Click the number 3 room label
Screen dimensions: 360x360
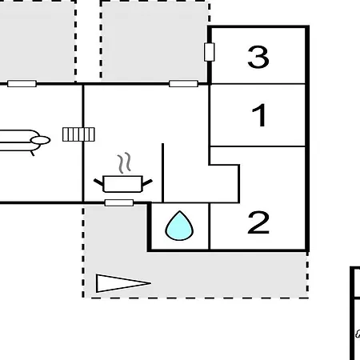(258, 57)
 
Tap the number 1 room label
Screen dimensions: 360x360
(259, 115)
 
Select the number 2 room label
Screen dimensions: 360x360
(258, 222)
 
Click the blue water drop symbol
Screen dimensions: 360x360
(179, 226)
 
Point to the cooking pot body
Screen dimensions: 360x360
(122, 184)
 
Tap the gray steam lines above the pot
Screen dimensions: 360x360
(124, 162)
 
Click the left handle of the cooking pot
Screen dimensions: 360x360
(98, 182)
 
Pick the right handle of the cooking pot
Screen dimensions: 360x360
(147, 182)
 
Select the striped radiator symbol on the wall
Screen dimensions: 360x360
(78, 134)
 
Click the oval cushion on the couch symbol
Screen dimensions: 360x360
(41, 140)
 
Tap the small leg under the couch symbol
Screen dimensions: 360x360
(33, 154)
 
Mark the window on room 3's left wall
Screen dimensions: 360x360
(210, 52)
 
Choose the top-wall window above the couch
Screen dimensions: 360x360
(22, 84)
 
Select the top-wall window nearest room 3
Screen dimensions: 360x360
(184, 84)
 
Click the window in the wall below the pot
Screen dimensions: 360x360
(119, 203)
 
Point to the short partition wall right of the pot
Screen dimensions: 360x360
(162, 173)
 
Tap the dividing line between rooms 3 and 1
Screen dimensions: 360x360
(258, 84)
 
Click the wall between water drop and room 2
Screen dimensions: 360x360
(210, 226)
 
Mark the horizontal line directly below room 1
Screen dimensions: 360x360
(258, 146)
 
